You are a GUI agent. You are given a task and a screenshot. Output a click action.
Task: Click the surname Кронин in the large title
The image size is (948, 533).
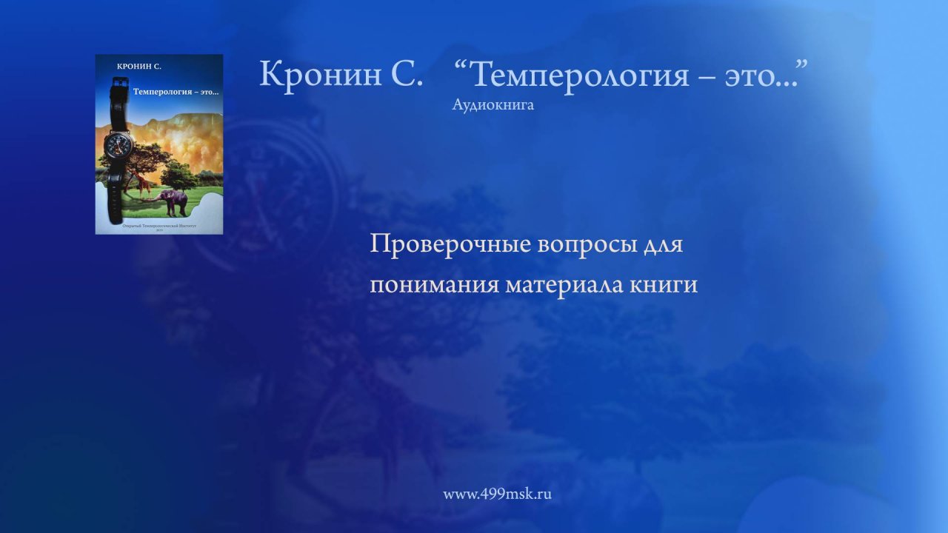319,74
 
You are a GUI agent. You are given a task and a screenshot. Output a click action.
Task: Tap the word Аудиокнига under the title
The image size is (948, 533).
493,105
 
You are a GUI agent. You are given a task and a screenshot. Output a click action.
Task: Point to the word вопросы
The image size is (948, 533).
584,244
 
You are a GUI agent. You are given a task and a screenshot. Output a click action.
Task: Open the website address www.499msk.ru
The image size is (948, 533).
497,494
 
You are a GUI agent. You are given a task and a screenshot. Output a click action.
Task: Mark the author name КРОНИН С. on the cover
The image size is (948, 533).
139,67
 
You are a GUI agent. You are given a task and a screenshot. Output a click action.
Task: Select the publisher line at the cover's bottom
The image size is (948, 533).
159,226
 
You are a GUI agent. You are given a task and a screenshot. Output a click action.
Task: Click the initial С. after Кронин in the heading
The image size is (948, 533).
410,74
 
